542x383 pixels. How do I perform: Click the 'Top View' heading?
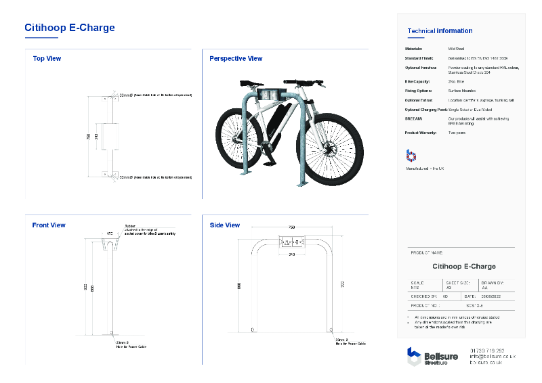[47, 59]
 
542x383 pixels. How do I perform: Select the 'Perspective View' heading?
[236, 59]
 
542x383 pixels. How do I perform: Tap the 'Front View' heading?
[49, 225]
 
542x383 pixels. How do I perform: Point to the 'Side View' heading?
[225, 225]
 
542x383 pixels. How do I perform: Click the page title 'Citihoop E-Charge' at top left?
[70, 28]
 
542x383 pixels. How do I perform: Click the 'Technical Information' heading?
[440, 31]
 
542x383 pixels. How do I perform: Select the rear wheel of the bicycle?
[237, 139]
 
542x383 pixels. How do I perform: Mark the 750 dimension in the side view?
[291, 227]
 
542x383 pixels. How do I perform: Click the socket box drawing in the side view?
[291, 242]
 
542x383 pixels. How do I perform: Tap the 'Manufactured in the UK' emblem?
[411, 155]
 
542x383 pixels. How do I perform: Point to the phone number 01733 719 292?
[486, 351]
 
